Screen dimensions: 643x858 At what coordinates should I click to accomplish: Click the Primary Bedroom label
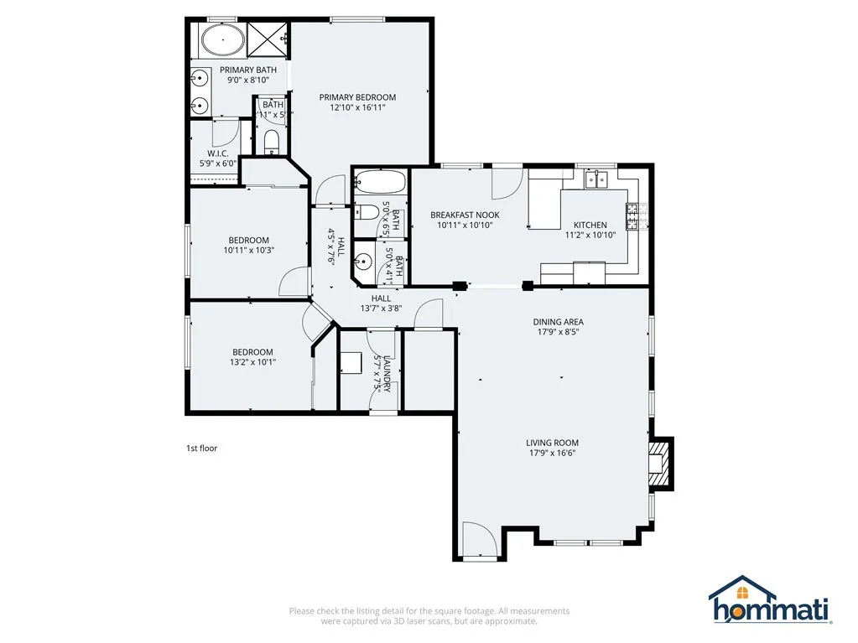(x=357, y=97)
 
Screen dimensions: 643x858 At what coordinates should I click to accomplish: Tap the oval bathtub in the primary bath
(x=223, y=39)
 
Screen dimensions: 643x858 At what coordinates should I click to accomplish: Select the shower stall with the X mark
(x=270, y=39)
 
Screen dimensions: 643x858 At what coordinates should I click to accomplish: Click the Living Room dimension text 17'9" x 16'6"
(x=552, y=454)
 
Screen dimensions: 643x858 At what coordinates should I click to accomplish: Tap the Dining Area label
(x=558, y=322)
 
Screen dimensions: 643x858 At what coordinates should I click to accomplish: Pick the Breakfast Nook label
(x=465, y=215)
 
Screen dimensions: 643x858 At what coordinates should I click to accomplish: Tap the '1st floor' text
(x=201, y=449)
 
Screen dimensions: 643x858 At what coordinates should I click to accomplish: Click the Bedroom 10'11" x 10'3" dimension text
(x=249, y=250)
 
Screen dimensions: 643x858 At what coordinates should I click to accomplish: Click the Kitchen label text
(x=590, y=225)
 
